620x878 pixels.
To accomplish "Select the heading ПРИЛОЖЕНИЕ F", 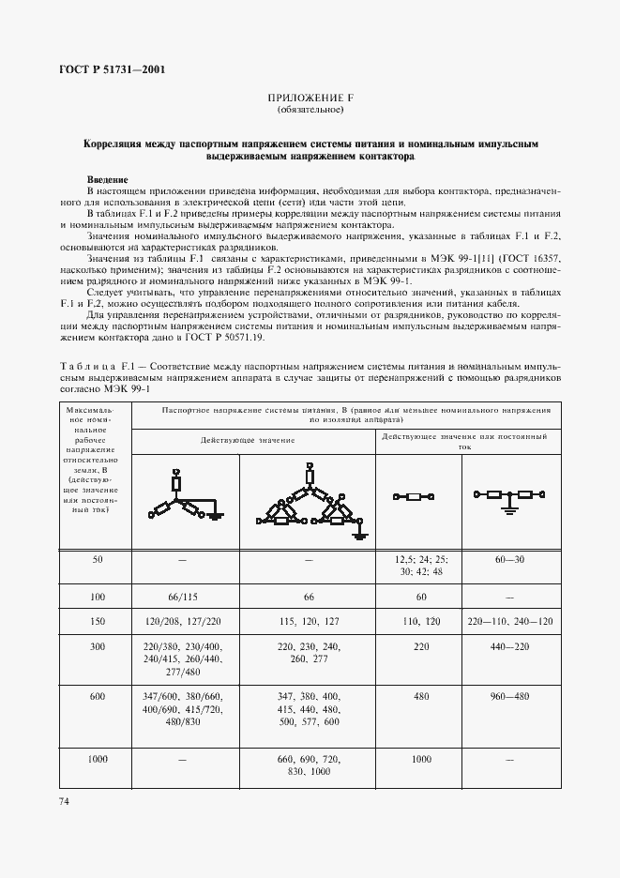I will pyautogui.click(x=310, y=98).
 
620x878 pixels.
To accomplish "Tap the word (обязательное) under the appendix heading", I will pyautogui.click(x=310, y=111).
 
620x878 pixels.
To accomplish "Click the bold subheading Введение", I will pyautogui.click(x=108, y=179).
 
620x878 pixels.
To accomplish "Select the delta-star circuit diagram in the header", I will pyautogui.click(x=308, y=500).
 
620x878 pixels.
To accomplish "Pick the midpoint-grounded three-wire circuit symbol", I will pyautogui.click(x=507, y=498).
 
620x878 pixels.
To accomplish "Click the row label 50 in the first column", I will pyautogui.click(x=97, y=559).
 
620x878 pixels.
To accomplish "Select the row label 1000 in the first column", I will pyautogui.click(x=97, y=758).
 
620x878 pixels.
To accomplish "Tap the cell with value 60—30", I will pyautogui.click(x=507, y=559).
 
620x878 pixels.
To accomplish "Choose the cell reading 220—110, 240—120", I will pyautogui.click(x=507, y=621).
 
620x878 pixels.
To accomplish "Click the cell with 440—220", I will pyautogui.click(x=507, y=647).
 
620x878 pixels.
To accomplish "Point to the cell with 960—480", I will pyautogui.click(x=507, y=696).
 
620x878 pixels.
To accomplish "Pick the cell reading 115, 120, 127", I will pyautogui.click(x=308, y=621).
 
